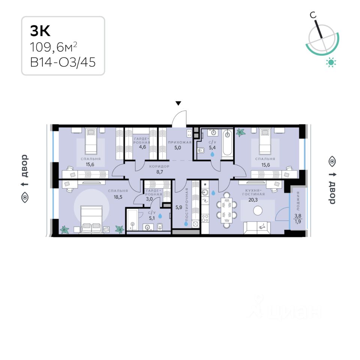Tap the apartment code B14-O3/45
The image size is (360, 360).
[63, 61]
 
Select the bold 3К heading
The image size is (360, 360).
[40, 31]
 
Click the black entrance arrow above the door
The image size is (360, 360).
[179, 103]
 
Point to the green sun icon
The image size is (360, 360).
[331, 62]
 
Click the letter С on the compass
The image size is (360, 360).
[312, 15]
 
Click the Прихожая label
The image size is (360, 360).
[180, 142]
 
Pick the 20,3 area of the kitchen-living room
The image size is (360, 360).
[253, 199]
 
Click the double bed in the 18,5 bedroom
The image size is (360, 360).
[91, 219]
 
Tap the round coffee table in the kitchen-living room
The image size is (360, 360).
[258, 211]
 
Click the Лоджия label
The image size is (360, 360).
[298, 199]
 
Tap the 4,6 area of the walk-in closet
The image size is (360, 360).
[142, 147]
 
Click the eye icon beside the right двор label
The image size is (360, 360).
[332, 162]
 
